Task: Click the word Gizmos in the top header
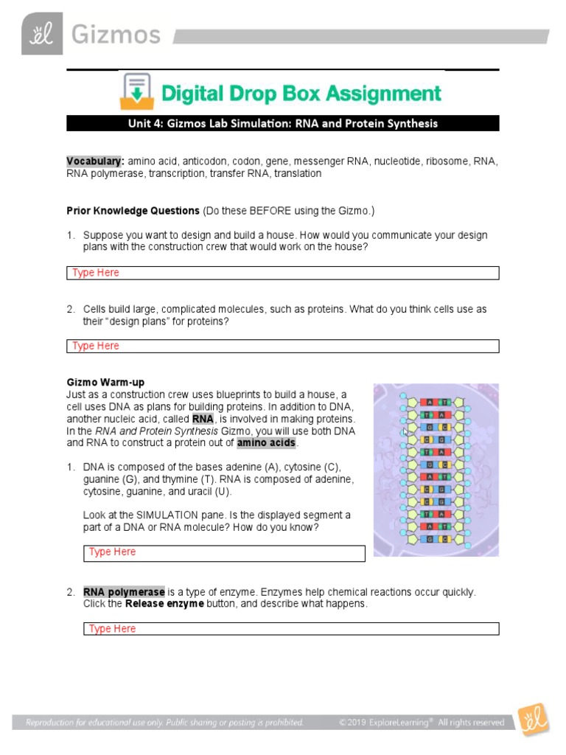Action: (x=115, y=35)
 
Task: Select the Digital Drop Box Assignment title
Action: (x=301, y=94)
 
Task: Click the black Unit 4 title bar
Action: (x=282, y=123)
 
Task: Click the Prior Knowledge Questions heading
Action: (x=133, y=211)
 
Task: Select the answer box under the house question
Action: (x=282, y=273)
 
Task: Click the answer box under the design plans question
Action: (x=282, y=346)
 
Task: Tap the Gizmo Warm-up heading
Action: (x=105, y=382)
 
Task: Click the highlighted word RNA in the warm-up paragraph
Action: (x=203, y=419)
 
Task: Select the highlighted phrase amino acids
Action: (x=266, y=442)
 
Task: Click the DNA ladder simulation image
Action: (x=436, y=470)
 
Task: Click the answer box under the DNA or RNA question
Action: (x=224, y=552)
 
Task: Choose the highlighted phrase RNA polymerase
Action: (x=124, y=592)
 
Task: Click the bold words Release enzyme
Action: (x=164, y=604)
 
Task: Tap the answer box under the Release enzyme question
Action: (x=291, y=629)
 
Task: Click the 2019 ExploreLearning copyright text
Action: (x=422, y=723)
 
